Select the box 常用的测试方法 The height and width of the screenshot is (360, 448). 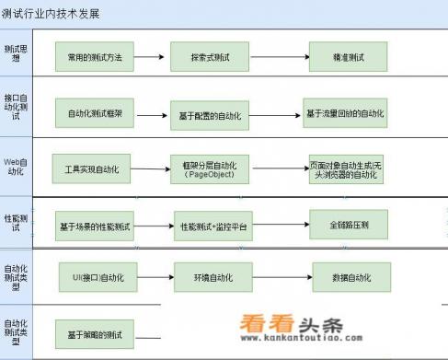click(96, 57)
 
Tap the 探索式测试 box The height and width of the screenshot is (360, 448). click(211, 57)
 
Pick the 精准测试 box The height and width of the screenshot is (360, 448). click(347, 57)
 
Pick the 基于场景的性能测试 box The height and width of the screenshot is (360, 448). click(96, 226)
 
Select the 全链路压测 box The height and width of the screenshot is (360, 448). click(347, 224)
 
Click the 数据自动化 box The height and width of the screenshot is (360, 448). click(347, 276)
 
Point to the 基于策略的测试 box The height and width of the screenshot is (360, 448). click(96, 331)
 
